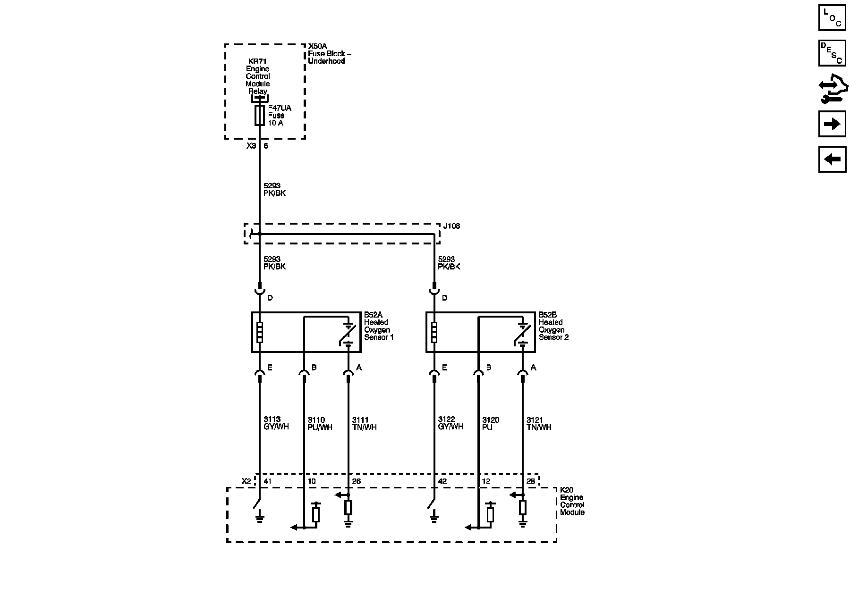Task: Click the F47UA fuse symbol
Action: [259, 115]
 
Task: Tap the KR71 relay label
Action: [257, 61]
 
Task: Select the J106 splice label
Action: [451, 226]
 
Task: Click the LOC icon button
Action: [832, 18]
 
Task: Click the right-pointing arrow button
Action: [832, 124]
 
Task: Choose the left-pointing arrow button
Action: [832, 159]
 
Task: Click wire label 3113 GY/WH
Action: [276, 423]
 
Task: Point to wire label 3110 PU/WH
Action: [320, 424]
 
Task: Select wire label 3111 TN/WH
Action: [364, 424]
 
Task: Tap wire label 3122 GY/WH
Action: [450, 423]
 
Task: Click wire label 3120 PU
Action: [491, 424]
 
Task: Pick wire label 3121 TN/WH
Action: [539, 424]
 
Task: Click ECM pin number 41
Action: [268, 481]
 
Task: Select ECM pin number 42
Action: [442, 481]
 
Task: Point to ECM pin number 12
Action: [486, 481]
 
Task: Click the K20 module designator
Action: [567, 490]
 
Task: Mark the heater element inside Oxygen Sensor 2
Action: [434, 332]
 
